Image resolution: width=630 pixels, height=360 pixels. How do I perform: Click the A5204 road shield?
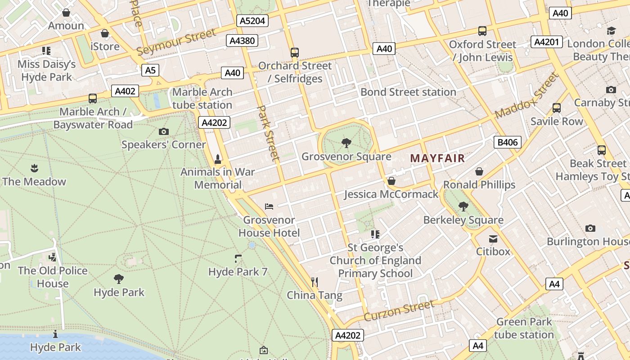(x=252, y=21)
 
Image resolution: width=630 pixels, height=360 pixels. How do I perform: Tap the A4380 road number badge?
(x=242, y=41)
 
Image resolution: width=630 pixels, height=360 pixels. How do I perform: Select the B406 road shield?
(x=507, y=143)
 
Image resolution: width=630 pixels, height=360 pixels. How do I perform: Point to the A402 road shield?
(x=125, y=91)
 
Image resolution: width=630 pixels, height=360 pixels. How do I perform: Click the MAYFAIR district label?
(x=437, y=158)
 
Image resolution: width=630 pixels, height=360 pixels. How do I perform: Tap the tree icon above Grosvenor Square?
(x=346, y=144)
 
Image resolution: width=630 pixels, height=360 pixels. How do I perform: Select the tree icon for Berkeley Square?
(x=463, y=207)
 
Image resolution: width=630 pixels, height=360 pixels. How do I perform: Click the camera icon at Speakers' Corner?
(x=164, y=132)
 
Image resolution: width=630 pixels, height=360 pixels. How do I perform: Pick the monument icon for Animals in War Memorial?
(x=218, y=159)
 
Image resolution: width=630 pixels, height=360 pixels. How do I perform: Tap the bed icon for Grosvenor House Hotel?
(x=269, y=207)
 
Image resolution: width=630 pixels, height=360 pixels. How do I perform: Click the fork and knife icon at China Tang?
(x=315, y=282)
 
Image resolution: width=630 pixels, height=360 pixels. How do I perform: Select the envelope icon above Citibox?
(x=493, y=238)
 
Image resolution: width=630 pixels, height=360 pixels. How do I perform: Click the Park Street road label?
(x=269, y=133)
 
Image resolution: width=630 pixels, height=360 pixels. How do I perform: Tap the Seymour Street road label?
(x=176, y=42)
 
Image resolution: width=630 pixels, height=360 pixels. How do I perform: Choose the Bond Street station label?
(x=408, y=92)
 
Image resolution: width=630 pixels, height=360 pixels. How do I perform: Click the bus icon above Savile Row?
(x=557, y=108)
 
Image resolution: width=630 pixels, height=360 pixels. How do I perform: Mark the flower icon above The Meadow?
(x=34, y=169)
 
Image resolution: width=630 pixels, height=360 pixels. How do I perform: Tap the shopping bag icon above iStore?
(x=105, y=33)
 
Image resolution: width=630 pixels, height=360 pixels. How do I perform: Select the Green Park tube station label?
(x=524, y=328)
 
